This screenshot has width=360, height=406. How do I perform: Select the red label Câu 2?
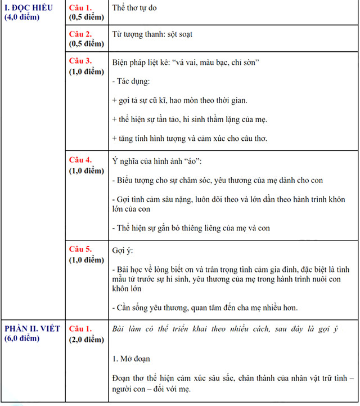80,34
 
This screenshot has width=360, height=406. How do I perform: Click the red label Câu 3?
80,61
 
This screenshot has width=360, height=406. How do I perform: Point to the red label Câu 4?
80,160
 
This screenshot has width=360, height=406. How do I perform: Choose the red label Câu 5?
80,249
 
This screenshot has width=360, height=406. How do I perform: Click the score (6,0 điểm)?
22,338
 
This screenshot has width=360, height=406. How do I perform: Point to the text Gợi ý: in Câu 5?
123,250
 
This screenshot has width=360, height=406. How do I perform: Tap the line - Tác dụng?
130,82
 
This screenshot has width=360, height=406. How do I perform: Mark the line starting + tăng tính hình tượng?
190,139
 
